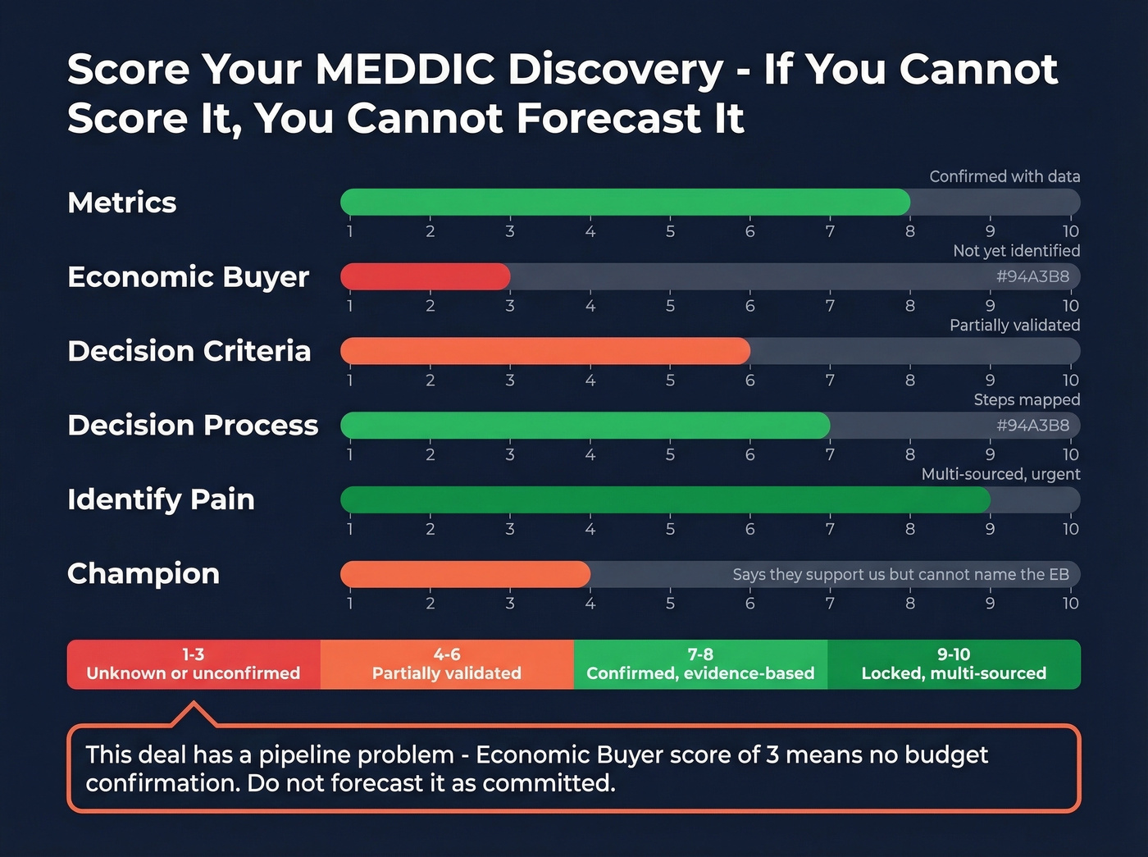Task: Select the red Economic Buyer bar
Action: click(425, 276)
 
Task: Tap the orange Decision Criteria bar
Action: click(544, 351)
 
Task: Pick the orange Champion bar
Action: click(465, 574)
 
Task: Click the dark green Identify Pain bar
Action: click(665, 499)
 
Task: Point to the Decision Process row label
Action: click(193, 425)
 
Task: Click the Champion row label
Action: click(143, 573)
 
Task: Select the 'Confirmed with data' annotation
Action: click(1004, 176)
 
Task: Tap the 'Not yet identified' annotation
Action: click(1016, 251)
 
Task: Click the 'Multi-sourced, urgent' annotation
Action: click(1000, 474)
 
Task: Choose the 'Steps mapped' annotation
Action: click(1027, 399)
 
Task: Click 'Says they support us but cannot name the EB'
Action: click(900, 574)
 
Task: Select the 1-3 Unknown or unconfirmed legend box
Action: click(194, 664)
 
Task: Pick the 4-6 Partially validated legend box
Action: click(447, 664)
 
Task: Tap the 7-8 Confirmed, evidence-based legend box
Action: click(700, 664)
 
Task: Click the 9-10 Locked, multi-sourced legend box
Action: click(954, 664)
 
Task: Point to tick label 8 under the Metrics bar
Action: click(910, 231)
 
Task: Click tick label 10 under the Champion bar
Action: click(1070, 604)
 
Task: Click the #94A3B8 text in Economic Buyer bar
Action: click(1032, 276)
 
